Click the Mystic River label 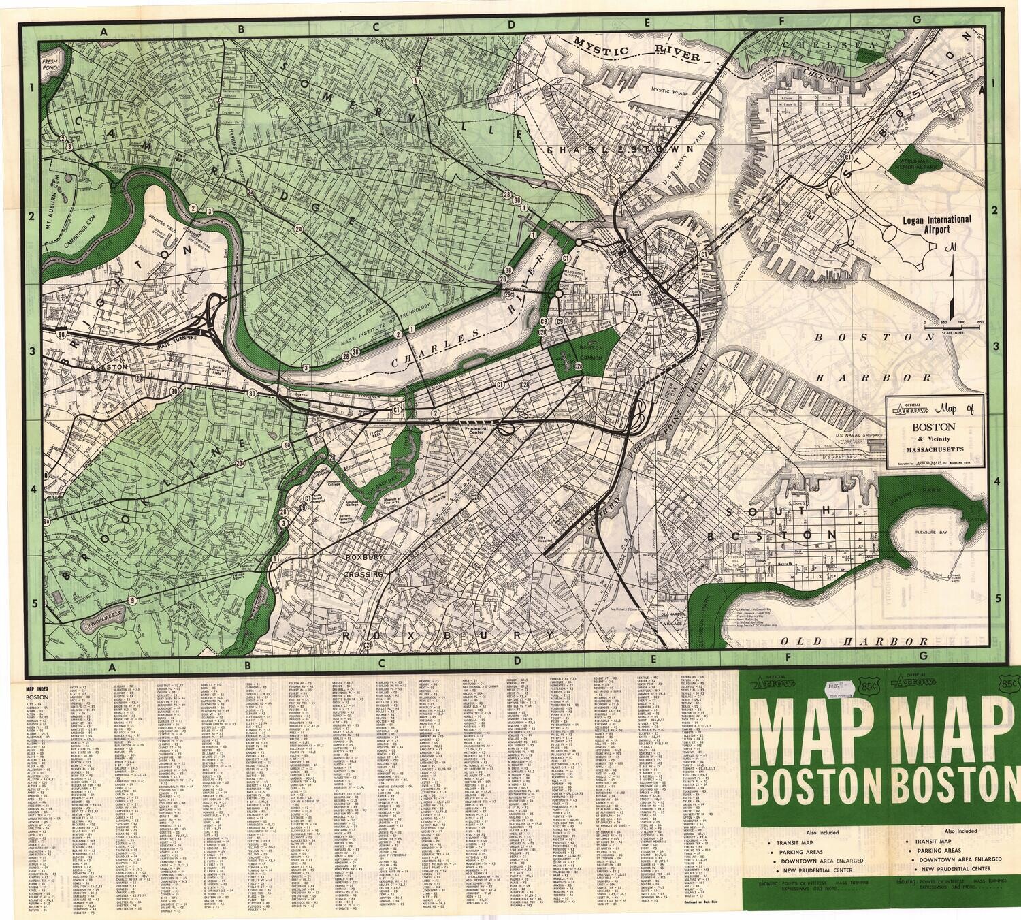coord(636,50)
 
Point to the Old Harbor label coord(854,641)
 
